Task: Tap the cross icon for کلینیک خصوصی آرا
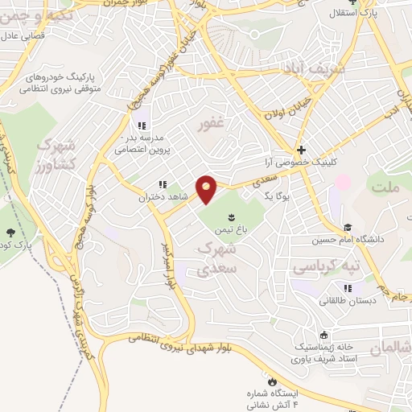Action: [301, 150]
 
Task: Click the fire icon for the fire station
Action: [272, 380]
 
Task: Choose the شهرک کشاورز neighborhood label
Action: [56, 154]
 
